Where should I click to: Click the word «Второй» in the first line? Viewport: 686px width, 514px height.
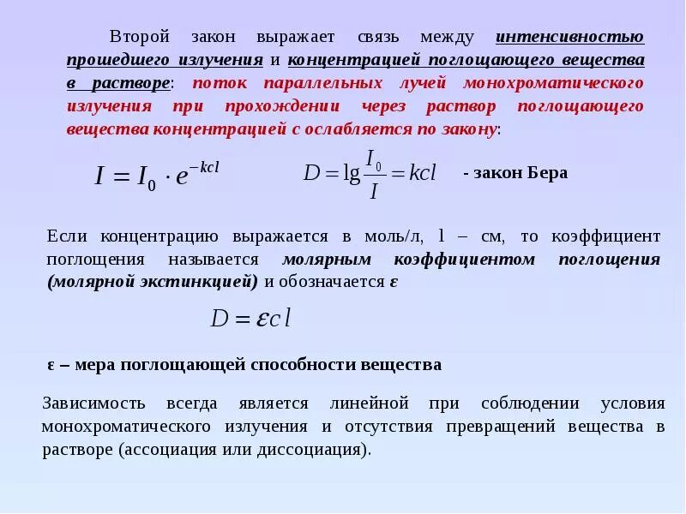tap(141, 38)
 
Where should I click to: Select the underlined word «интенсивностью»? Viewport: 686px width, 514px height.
tap(570, 38)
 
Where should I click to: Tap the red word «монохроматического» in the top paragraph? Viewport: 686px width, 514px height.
tap(553, 84)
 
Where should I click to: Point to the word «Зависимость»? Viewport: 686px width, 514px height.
tap(93, 403)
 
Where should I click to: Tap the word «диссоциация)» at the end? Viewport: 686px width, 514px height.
tap(329, 449)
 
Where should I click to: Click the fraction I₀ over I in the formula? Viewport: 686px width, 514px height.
tap(374, 174)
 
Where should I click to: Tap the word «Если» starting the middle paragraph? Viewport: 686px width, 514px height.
tap(67, 236)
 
